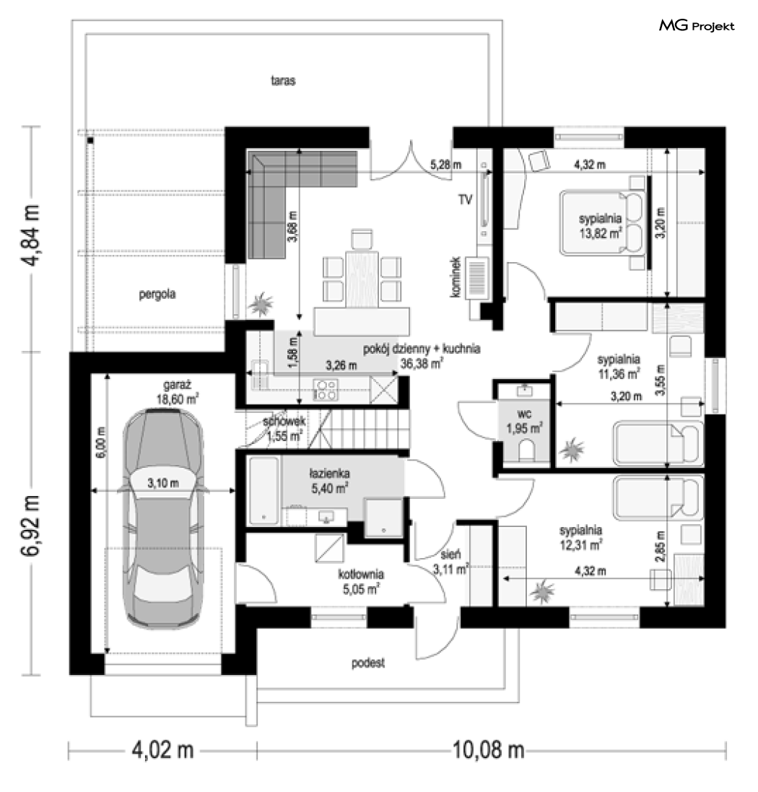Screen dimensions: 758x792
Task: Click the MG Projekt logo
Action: [x=697, y=26]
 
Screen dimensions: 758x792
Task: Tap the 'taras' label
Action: [x=283, y=80]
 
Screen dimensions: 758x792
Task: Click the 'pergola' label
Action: [x=157, y=294]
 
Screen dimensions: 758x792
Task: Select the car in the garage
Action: [x=163, y=517]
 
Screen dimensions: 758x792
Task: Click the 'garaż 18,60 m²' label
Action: [x=178, y=392]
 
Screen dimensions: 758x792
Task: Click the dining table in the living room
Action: [x=362, y=279]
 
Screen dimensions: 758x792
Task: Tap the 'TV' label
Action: [x=465, y=199]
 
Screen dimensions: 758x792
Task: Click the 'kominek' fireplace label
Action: [x=456, y=277]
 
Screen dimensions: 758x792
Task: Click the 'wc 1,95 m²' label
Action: [x=524, y=422]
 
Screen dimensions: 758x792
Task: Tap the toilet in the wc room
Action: [x=526, y=450]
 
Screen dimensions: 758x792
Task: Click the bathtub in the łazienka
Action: [x=263, y=490]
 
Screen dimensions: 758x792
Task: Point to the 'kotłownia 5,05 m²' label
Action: [x=360, y=581]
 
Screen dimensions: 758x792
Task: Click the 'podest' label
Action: [x=368, y=662]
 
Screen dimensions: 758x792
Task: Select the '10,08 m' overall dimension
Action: [x=488, y=750]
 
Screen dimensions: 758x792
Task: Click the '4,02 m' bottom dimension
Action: [x=162, y=750]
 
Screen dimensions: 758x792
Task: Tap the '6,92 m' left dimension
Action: [x=31, y=526]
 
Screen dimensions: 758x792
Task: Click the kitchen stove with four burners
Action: [x=326, y=390]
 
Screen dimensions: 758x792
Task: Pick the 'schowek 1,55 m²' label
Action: [x=284, y=428]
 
